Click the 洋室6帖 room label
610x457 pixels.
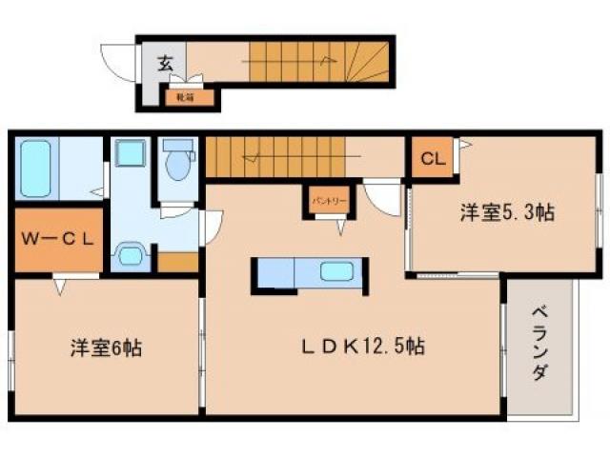click(x=105, y=348)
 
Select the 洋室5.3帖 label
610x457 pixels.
click(x=508, y=213)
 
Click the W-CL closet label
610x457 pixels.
click(x=58, y=239)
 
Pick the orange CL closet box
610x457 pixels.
click(x=432, y=159)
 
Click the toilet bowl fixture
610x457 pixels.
click(x=177, y=162)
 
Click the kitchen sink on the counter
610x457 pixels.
click(x=335, y=272)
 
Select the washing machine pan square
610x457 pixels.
click(x=130, y=154)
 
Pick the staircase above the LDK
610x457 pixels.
click(x=276, y=157)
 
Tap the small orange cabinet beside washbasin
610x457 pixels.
click(x=177, y=262)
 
